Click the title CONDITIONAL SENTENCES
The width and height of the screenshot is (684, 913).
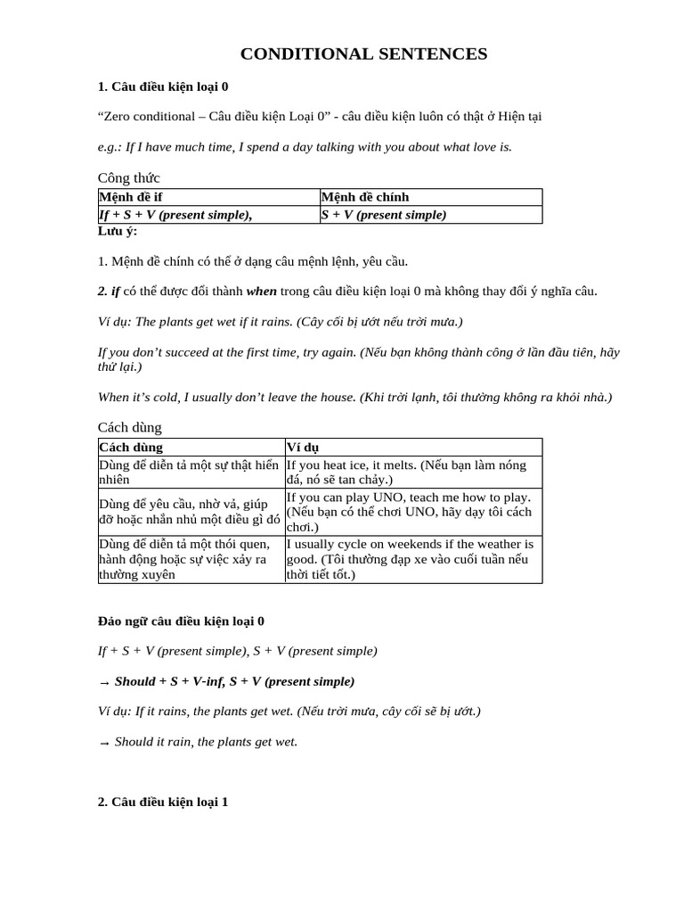point(363,54)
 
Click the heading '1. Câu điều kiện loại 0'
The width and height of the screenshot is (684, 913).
point(163,86)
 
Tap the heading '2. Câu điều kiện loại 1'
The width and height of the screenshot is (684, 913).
point(163,802)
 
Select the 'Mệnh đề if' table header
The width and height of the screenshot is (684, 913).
point(130,197)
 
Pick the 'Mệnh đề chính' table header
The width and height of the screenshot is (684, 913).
point(365,197)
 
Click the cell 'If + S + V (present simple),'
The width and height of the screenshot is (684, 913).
point(176,215)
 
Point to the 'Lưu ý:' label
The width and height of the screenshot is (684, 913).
point(118,231)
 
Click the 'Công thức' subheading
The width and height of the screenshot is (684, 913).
point(128,178)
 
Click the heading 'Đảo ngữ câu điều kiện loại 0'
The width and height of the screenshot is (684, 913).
point(181,621)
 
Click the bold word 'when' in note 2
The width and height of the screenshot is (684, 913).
point(262,292)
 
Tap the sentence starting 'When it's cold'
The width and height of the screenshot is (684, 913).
point(354,397)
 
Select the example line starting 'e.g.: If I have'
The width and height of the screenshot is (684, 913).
point(305,146)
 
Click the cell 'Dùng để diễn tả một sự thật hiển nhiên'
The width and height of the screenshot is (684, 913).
point(189,472)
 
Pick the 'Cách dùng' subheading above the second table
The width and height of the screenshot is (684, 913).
point(130,427)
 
